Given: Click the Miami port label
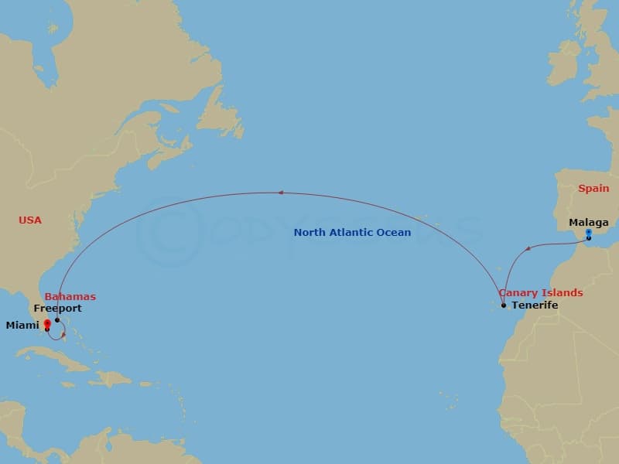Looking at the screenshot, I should [22, 326].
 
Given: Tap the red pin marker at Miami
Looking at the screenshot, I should [47, 324].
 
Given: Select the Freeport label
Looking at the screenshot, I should [57, 309].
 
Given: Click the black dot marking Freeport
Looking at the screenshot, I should [57, 319].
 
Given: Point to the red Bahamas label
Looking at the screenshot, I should [70, 296].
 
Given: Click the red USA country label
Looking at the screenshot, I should [30, 220].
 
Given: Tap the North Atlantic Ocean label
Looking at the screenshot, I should [352, 232].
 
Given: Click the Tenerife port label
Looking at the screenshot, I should [535, 305].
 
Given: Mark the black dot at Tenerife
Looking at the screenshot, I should [504, 305].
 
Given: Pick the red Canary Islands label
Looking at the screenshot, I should [541, 293].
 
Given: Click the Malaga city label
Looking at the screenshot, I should [589, 223].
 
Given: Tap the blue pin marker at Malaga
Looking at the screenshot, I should [589, 233].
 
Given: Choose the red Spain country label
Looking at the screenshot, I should [593, 188].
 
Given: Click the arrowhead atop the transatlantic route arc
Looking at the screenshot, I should [282, 193].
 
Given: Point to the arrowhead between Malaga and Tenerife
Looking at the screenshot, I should [528, 248].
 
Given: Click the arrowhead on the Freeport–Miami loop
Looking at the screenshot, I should [63, 335].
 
